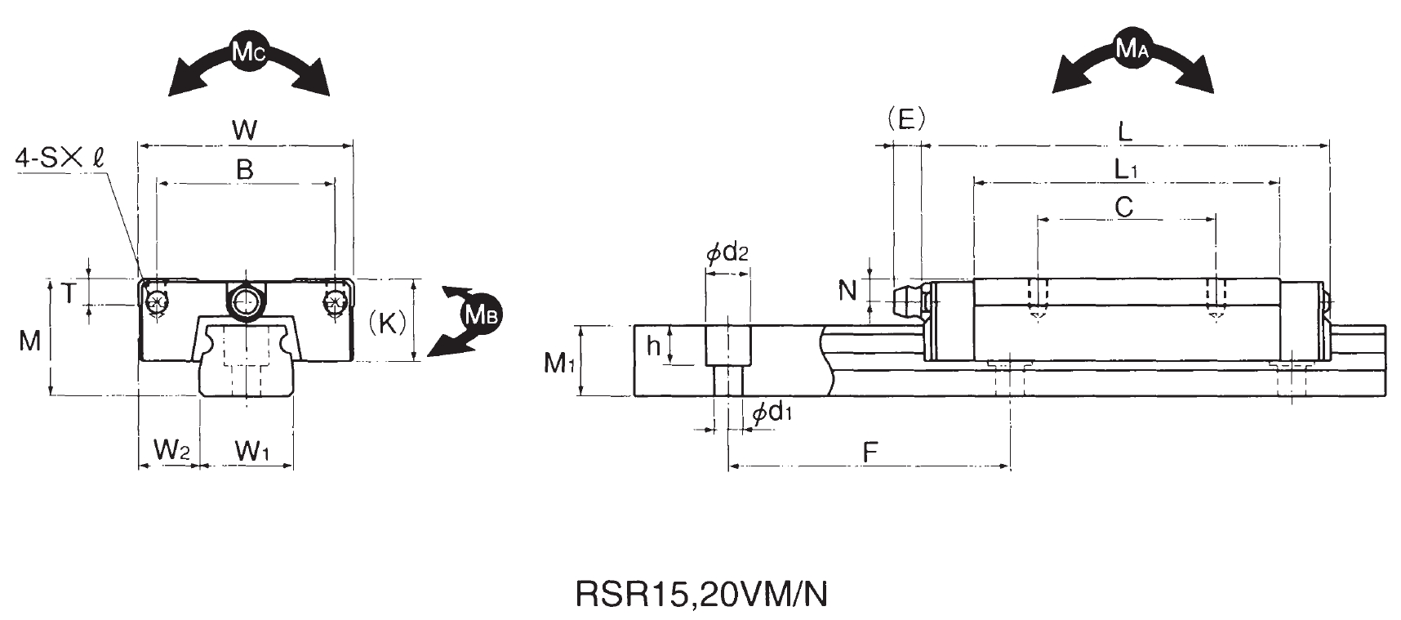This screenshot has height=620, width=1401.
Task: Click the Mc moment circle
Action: [x=248, y=52]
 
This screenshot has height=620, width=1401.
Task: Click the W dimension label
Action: [x=245, y=130]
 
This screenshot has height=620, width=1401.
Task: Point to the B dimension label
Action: [x=244, y=170]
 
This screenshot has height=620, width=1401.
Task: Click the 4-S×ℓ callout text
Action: [x=60, y=158]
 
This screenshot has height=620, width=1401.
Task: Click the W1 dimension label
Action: [x=252, y=448]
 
